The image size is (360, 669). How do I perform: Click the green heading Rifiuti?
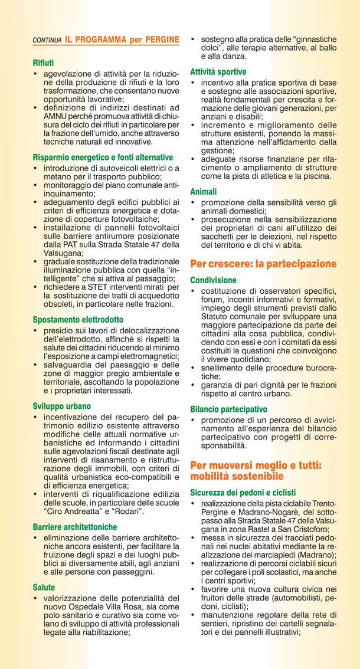coord(43,62)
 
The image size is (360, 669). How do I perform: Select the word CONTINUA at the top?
coord(47,41)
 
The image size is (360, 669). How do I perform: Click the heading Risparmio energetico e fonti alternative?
coord(103,158)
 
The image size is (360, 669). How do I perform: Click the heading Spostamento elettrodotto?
coord(78,319)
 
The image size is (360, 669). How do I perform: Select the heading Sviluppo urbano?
coord(62,406)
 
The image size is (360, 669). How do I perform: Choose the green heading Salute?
coord(44,588)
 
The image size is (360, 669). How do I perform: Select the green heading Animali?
coord(203,192)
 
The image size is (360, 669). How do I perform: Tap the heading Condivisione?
coord(213,280)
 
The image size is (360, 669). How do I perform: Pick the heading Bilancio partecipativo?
coord(228,408)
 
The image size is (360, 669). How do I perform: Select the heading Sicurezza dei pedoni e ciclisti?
coord(243,492)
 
